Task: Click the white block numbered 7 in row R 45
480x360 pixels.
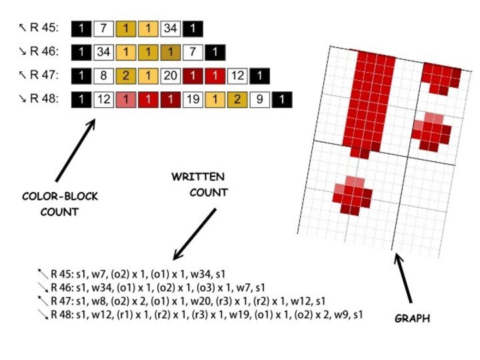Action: pos(103,29)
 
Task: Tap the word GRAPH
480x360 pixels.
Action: pos(411,319)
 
